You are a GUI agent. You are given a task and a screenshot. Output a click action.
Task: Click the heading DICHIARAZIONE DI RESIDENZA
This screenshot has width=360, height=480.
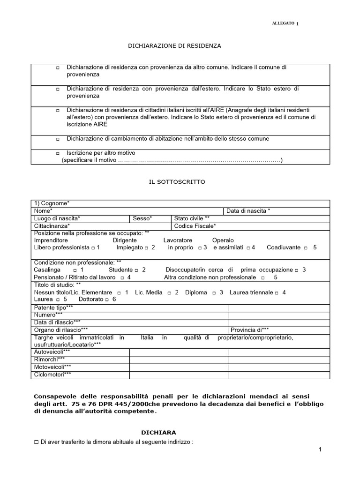pyautogui.click(x=174, y=46)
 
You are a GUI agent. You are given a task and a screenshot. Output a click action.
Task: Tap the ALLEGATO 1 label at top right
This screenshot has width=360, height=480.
pyautogui.click(x=285, y=24)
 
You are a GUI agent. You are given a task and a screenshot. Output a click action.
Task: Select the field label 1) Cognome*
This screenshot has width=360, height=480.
pyautogui.click(x=52, y=203)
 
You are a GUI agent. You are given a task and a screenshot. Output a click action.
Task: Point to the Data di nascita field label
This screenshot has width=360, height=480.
pyautogui.click(x=248, y=211)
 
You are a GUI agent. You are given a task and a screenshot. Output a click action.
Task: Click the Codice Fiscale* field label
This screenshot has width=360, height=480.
pyautogui.click(x=195, y=226)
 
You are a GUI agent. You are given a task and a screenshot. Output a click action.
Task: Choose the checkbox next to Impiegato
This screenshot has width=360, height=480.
pyautogui.click(x=146, y=247)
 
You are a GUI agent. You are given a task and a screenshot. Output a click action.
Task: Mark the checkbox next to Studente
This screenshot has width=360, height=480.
pyautogui.click(x=136, y=270)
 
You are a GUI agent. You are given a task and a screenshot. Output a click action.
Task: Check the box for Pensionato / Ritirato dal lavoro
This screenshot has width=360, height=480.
pyautogui.click(x=122, y=277)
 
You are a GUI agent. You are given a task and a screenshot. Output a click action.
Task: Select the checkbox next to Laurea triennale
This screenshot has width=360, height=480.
pyautogui.click(x=277, y=292)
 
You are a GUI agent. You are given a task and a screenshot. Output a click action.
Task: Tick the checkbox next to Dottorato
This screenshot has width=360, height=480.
pyautogui.click(x=107, y=300)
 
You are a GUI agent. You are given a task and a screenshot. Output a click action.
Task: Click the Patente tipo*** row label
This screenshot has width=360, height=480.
pyautogui.click(x=54, y=307)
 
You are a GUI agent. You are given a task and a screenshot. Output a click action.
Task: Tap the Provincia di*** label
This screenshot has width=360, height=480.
pyautogui.click(x=249, y=330)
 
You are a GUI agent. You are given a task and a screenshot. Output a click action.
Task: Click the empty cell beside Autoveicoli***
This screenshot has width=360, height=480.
pyautogui.click(x=178, y=352)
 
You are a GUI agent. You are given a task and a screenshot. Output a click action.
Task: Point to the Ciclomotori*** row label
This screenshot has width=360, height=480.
pyautogui.click(x=53, y=374)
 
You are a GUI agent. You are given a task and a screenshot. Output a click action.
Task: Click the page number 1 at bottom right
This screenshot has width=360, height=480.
pyautogui.click(x=320, y=450)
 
